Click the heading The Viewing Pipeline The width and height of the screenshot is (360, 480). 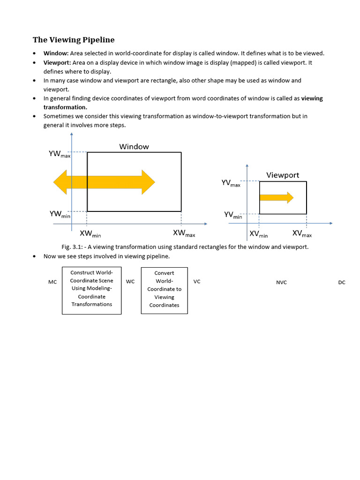pyautogui.click(x=74, y=40)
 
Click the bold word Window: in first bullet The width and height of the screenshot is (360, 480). pyautogui.click(x=56, y=53)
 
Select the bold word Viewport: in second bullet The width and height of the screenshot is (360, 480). pyautogui.click(x=58, y=62)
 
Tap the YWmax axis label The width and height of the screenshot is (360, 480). pyautogui.click(x=60, y=154)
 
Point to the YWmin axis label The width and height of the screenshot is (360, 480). pyautogui.click(x=60, y=214)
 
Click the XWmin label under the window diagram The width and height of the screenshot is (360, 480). pyautogui.click(x=90, y=234)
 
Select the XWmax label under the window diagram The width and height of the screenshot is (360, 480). pyautogui.click(x=184, y=233)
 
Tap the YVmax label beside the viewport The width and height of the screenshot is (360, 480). pyautogui.click(x=231, y=183)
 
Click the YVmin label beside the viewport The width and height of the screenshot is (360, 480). pyautogui.click(x=233, y=215)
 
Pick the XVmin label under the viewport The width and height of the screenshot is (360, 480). pyautogui.click(x=258, y=234)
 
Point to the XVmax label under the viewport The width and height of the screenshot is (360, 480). pyautogui.click(x=302, y=233)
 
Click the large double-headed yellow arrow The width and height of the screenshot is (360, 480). pyautogui.click(x=104, y=182)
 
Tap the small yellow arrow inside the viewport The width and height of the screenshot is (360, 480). pyautogui.click(x=277, y=197)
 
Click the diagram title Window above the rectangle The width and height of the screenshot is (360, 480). pyautogui.click(x=134, y=147)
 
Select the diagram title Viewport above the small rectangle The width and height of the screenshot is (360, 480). pyautogui.click(x=283, y=175)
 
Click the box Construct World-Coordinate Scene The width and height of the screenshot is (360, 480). pyautogui.click(x=92, y=291)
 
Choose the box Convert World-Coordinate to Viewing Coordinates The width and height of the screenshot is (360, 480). pyautogui.click(x=164, y=291)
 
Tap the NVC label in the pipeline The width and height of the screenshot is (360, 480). pyautogui.click(x=281, y=283)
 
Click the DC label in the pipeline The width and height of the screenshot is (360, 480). pyautogui.click(x=341, y=283)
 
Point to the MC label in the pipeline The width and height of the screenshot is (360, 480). pyautogui.click(x=52, y=283)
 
